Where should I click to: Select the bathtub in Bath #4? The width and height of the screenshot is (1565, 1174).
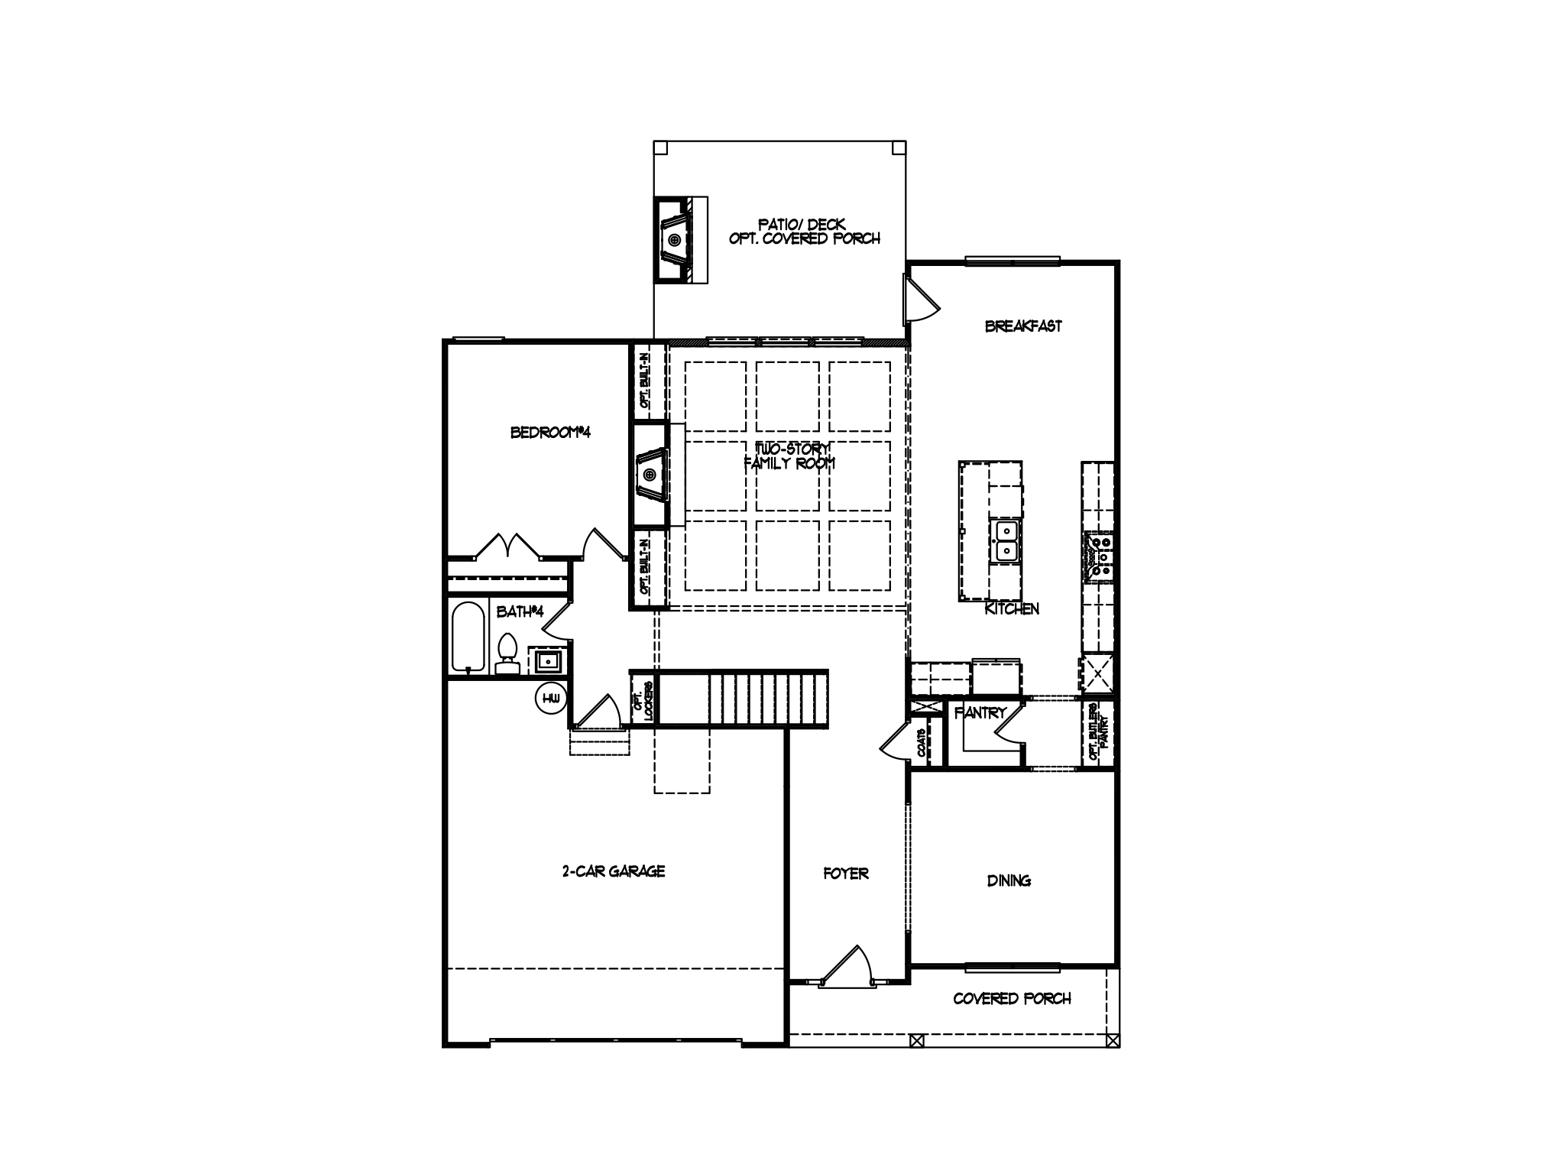point(468,637)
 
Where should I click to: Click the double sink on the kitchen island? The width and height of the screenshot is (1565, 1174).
point(1006,540)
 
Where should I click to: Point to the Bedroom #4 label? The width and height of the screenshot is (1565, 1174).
point(550,433)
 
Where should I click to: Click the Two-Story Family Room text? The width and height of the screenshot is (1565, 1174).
point(789,456)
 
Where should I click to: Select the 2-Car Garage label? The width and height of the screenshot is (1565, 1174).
point(614,871)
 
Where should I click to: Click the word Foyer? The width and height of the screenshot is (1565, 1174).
point(845,873)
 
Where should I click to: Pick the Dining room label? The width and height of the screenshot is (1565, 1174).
point(1009,880)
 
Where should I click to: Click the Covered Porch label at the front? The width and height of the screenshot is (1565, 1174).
point(1012,998)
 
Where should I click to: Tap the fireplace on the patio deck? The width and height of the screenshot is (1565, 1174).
point(675,240)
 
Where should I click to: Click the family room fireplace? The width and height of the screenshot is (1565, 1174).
point(650,475)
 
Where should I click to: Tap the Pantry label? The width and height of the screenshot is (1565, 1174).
point(980,713)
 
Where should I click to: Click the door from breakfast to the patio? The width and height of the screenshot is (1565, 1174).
point(919,301)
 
